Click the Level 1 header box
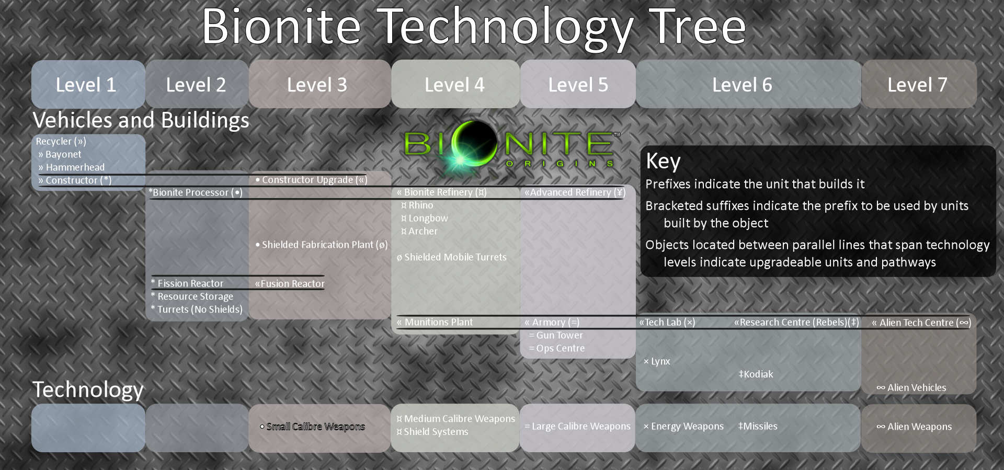(88, 84)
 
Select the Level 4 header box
(455, 84)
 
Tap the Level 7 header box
(919, 84)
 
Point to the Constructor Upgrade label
(312, 180)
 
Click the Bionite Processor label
(196, 192)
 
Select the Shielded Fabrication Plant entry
(322, 245)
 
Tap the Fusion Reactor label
(290, 283)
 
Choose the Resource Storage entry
(192, 296)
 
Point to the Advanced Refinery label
(575, 192)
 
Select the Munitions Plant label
(435, 322)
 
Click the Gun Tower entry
(556, 335)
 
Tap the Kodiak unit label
(756, 374)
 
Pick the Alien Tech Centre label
(921, 323)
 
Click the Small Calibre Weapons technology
(312, 427)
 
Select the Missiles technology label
(758, 426)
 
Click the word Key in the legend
(663, 161)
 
